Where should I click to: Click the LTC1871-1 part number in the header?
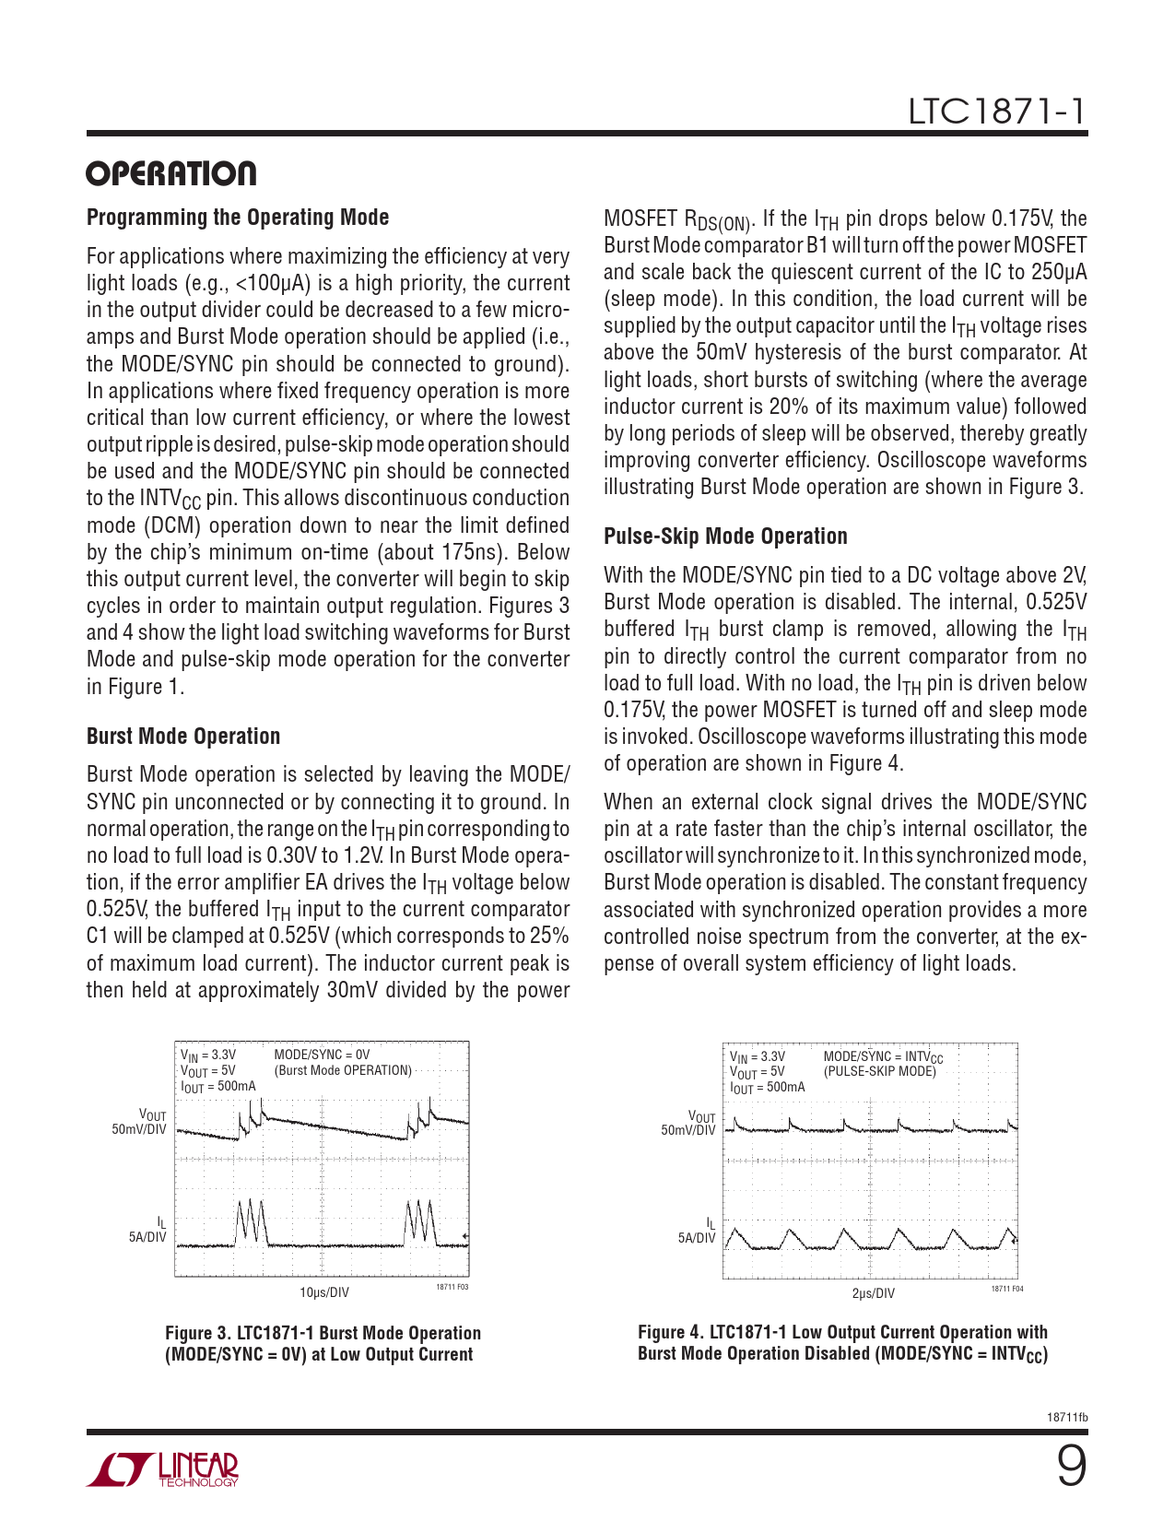997,112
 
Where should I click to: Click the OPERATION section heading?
171,174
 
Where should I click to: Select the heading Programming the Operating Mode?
238,218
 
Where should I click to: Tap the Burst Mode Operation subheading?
183,737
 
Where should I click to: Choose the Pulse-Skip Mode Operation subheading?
725,536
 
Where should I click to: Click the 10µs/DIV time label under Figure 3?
324,1292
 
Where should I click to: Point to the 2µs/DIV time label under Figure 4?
872,1293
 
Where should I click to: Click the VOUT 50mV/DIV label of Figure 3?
140,1123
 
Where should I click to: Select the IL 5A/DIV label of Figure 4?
698,1232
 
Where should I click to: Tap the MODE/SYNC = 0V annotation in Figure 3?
322,1055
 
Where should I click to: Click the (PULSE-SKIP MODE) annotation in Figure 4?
879,1071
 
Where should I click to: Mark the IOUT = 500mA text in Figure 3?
218,1086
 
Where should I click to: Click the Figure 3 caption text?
323,1344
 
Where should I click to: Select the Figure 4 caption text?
842,1343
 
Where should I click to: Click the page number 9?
1071,1466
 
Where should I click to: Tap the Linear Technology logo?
163,1469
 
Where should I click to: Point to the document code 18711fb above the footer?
1067,1418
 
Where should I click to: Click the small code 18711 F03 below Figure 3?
452,1287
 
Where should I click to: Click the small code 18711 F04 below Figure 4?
1006,1289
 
